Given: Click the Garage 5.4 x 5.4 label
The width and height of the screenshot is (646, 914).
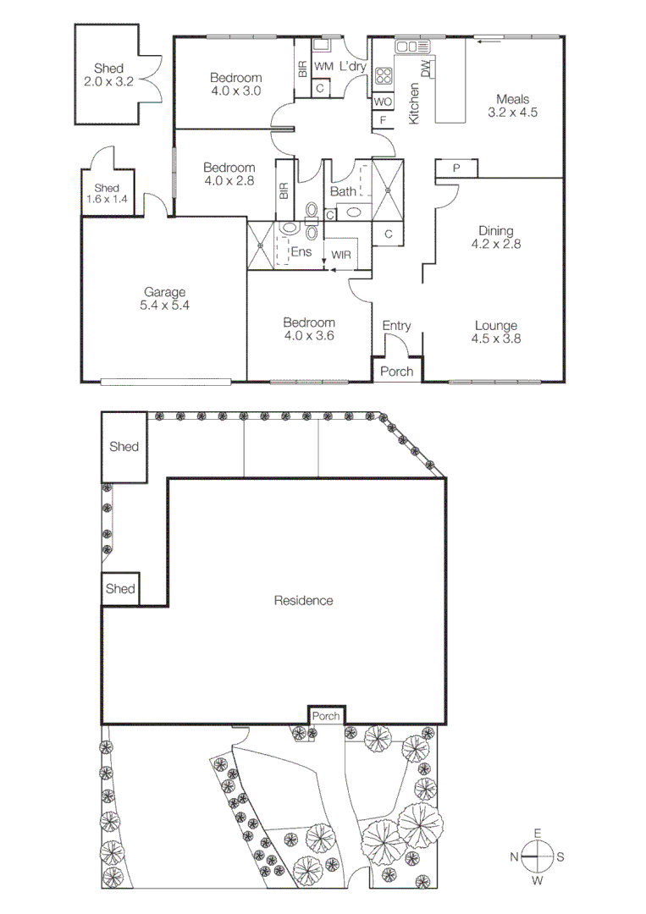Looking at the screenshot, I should [165, 299].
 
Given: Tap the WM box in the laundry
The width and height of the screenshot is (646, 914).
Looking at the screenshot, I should [323, 66].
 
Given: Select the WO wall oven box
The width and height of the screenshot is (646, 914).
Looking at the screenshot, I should [383, 102].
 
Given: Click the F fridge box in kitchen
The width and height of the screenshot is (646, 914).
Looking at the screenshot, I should [383, 121].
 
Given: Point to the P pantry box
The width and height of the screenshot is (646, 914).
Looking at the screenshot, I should [456, 168].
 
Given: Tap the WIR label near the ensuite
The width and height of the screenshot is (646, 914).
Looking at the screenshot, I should [341, 255].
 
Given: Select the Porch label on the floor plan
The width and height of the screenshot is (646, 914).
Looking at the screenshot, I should [398, 371].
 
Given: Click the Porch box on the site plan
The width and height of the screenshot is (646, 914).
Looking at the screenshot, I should [326, 716].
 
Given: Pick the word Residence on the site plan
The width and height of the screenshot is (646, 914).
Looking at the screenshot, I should [303, 601].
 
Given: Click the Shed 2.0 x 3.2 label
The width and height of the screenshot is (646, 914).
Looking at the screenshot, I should [108, 74].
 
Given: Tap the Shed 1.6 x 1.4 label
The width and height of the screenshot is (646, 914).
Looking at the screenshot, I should [107, 193].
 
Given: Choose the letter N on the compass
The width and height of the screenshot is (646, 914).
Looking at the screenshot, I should [514, 856].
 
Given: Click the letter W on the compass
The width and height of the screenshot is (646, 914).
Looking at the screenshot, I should [538, 881].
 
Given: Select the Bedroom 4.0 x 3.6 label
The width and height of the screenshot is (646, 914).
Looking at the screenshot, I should [309, 329].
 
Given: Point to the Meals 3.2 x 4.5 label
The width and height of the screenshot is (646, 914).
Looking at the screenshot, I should [513, 105].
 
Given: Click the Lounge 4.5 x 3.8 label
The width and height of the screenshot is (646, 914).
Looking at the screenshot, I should [496, 332].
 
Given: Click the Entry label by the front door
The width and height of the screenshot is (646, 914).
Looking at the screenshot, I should [396, 326].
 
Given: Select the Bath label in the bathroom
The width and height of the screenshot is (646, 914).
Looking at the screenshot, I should [344, 191].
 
